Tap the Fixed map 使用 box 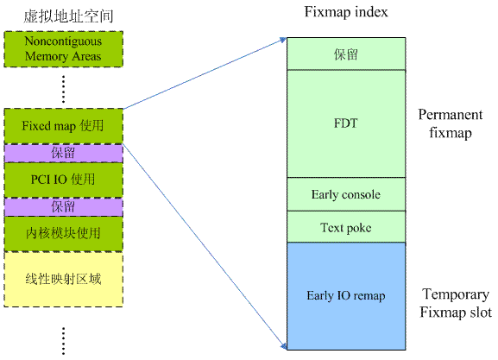point(63,125)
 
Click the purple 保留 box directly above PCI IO point(63,153)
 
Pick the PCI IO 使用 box point(63,180)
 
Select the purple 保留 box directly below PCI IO point(63,207)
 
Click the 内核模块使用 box point(63,233)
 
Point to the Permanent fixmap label point(448,124)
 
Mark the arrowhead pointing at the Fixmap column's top point(281,40)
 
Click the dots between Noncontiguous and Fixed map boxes point(63,87)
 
